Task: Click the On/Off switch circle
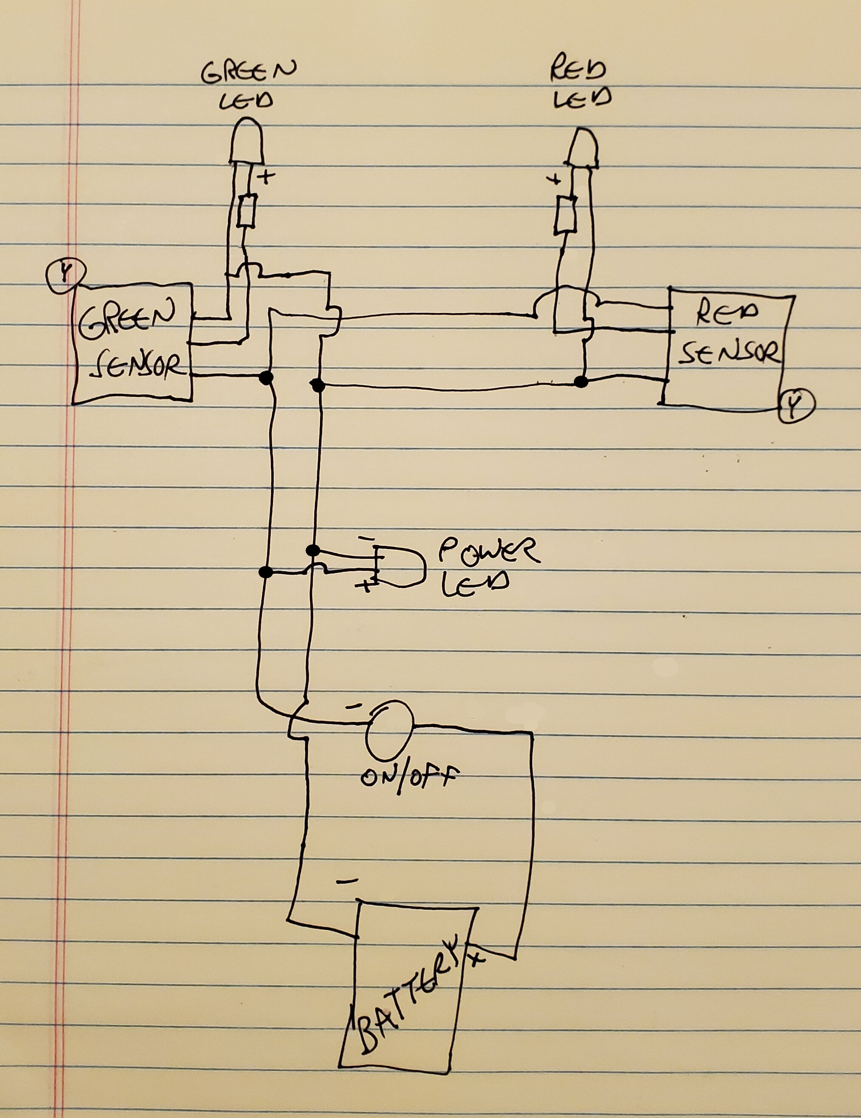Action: point(389,730)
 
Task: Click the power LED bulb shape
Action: point(402,566)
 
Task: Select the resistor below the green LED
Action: point(246,210)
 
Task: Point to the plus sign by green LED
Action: point(266,177)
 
